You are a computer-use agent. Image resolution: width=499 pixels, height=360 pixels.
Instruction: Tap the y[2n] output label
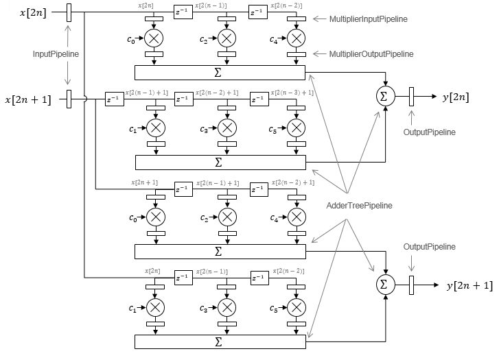[x=456, y=97]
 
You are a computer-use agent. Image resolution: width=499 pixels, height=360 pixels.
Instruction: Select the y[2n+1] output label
[x=469, y=285]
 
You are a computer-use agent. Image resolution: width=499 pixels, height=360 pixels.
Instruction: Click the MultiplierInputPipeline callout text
[x=369, y=19]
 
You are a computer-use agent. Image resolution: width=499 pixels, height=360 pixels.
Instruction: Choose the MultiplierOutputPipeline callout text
[x=371, y=53]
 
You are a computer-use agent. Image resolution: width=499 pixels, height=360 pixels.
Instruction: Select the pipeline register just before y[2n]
[x=410, y=97]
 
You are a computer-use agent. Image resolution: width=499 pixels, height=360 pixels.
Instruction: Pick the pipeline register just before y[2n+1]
[x=410, y=284]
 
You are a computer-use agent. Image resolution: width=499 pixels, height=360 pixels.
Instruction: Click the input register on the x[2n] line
[x=68, y=12]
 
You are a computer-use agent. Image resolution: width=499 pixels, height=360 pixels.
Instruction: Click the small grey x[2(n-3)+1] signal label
[x=292, y=93]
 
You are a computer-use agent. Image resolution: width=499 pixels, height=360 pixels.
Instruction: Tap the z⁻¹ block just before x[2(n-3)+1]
[x=259, y=99]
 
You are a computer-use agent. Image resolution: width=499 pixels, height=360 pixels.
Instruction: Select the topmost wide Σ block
[x=219, y=72]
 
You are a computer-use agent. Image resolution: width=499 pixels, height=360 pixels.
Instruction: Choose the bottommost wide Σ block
[x=219, y=341]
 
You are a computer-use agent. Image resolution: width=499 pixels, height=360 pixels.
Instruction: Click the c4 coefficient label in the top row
[x=274, y=39]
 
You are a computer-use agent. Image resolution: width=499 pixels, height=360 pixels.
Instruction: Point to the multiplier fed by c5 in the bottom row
[x=296, y=306]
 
